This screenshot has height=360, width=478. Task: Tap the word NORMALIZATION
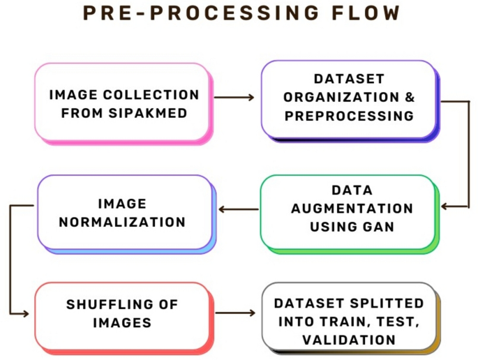[122, 223]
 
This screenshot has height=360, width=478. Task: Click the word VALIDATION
[349, 340]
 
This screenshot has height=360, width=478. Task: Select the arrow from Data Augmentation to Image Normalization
[237, 209]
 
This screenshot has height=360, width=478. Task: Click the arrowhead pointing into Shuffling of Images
[26, 314]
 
